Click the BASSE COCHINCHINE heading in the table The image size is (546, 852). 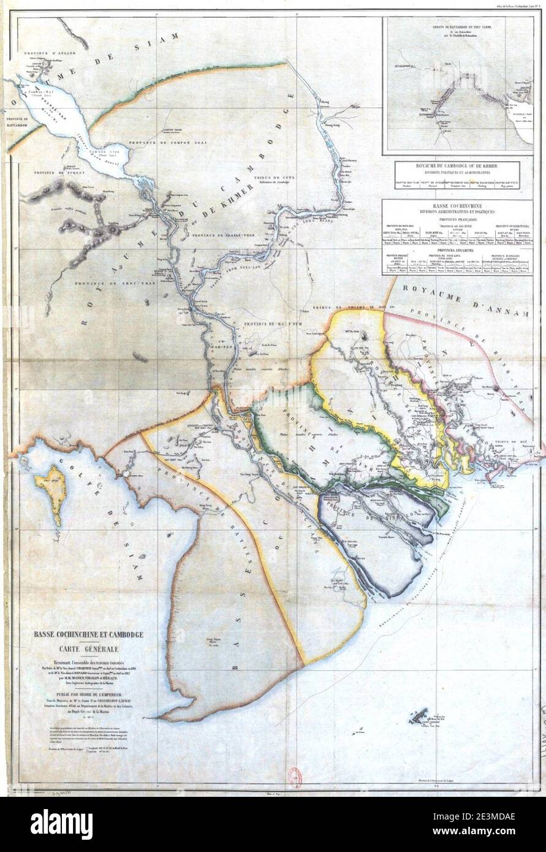click(x=463, y=207)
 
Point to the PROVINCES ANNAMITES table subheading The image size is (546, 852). click(x=463, y=249)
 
